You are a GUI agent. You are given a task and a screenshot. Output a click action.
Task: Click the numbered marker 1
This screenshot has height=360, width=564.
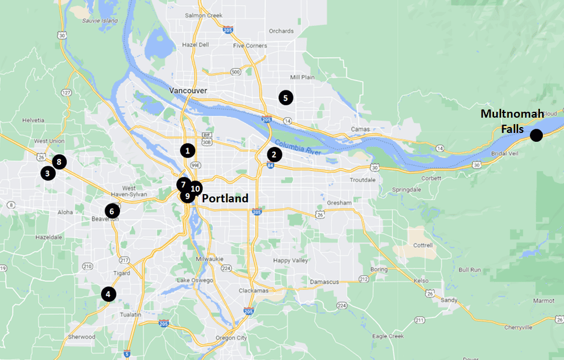[187, 150]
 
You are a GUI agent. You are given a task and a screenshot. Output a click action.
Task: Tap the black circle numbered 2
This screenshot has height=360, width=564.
[273, 155]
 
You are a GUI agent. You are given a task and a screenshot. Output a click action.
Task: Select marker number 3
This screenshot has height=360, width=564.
[48, 173]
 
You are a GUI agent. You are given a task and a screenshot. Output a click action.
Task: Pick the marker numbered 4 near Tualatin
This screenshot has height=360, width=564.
[108, 294]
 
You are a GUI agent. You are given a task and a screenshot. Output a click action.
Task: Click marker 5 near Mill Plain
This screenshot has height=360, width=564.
[285, 98]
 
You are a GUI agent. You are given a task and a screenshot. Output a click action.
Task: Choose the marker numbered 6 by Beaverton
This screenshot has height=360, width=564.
[112, 211]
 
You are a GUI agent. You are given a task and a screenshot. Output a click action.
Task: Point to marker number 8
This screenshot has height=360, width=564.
[58, 161]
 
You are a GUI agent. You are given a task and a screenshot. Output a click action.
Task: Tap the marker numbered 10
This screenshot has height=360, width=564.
[196, 189]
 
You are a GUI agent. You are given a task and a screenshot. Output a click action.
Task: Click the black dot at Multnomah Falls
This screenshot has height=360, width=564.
[536, 136]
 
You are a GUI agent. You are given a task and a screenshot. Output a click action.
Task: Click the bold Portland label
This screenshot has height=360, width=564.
[225, 199]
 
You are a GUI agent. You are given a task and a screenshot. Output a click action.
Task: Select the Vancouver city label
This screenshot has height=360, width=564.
[188, 91]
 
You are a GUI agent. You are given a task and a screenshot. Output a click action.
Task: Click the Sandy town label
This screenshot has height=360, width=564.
[449, 300]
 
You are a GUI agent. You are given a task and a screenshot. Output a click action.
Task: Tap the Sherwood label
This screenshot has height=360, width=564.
[82, 337]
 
